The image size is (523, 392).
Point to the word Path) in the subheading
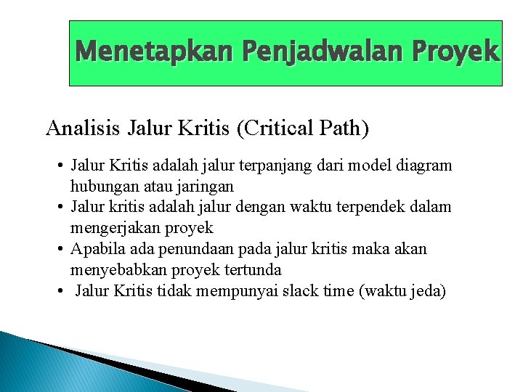345,128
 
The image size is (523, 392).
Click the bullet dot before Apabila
58,250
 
